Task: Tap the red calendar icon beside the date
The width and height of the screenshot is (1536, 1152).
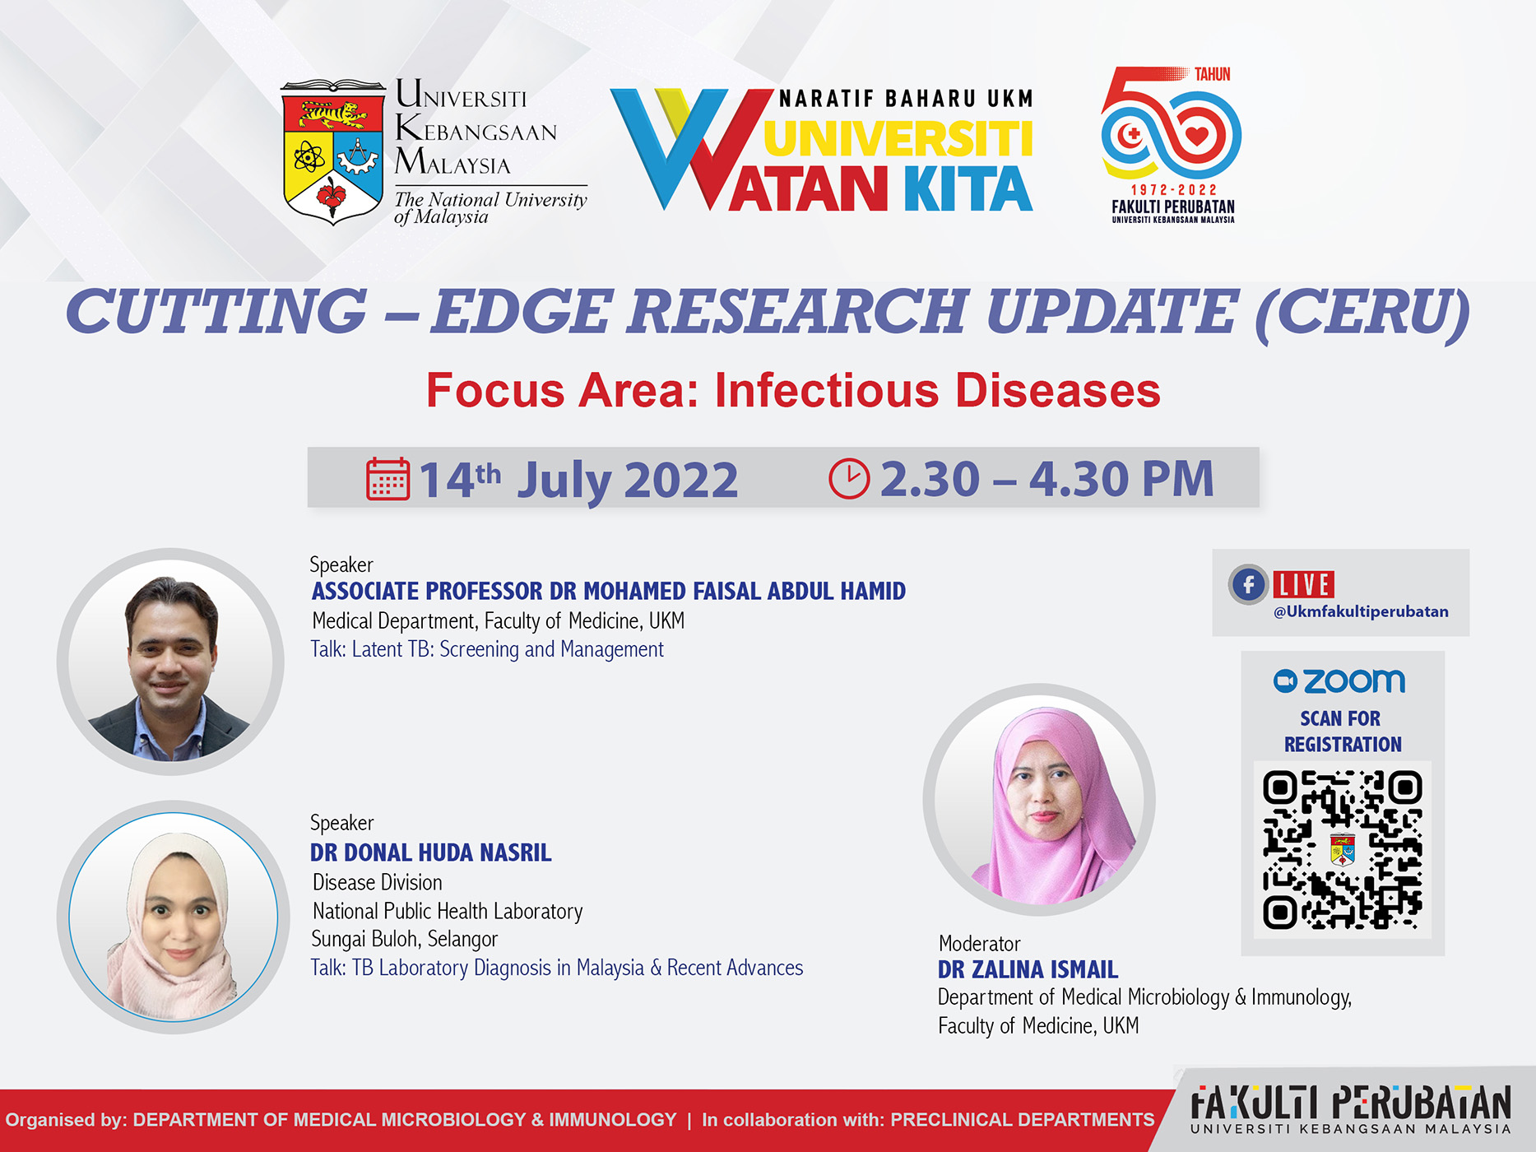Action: [x=387, y=478]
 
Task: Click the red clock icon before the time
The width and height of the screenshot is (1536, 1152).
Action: [x=849, y=478]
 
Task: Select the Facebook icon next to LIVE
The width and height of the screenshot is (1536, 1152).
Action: [x=1249, y=585]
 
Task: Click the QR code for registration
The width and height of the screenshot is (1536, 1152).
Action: [x=1343, y=850]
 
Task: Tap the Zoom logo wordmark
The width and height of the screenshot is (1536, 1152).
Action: [x=1339, y=681]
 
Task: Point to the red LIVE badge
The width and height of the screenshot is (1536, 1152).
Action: [x=1304, y=584]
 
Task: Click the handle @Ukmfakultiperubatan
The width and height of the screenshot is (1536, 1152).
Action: [x=1361, y=611]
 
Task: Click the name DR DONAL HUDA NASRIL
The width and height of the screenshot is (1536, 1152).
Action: [x=430, y=852]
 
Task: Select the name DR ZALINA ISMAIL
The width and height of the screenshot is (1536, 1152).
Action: [x=1028, y=969]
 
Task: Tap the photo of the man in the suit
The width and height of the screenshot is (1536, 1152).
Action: [x=171, y=662]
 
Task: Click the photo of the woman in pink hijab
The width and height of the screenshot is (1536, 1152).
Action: [x=1039, y=799]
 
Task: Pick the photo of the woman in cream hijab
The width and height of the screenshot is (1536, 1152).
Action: [x=173, y=917]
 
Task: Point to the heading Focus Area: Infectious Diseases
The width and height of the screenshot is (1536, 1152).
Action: [x=793, y=390]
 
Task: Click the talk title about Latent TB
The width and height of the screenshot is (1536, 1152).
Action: [x=487, y=649]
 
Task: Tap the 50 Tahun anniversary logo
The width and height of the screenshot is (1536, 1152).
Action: [x=1172, y=145]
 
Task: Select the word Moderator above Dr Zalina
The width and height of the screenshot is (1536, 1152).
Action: [x=979, y=943]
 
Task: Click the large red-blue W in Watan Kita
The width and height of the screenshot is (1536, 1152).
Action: [x=691, y=148]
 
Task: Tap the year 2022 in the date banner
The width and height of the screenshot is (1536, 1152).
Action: [x=681, y=479]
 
